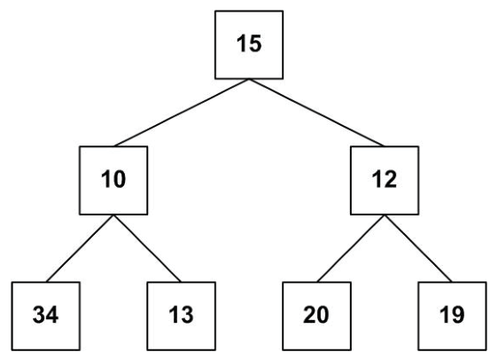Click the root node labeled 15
point(249,45)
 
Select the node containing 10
point(113,180)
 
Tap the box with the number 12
point(385,180)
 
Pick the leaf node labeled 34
point(46,317)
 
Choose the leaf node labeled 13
point(182,317)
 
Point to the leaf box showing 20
point(316,317)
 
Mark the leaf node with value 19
point(452,317)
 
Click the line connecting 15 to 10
point(182,113)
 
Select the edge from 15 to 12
point(316,113)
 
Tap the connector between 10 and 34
point(80,248)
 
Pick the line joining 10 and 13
point(147,248)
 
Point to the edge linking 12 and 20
point(351,248)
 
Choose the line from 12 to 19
point(418,248)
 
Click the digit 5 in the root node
point(255,43)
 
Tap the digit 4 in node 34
point(52,315)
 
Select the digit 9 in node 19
point(458,315)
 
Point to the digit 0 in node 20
point(323,315)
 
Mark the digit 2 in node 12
point(391,179)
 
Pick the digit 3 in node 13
point(187,315)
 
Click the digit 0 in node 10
point(120,179)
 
